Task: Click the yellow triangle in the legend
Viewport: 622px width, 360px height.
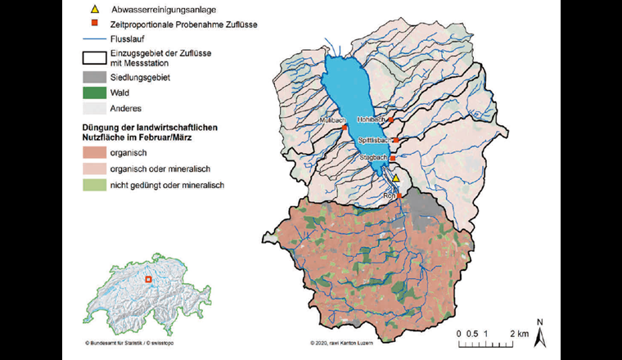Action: (x=95, y=9)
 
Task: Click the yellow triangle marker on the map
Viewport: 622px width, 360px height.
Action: (x=395, y=177)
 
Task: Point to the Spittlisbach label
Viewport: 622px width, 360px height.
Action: (x=373, y=141)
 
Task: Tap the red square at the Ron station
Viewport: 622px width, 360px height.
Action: (x=400, y=196)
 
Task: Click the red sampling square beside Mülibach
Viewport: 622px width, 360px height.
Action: (x=345, y=128)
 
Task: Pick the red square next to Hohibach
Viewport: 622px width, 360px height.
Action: (x=391, y=120)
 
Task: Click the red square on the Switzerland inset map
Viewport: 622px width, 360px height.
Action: (x=148, y=280)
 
